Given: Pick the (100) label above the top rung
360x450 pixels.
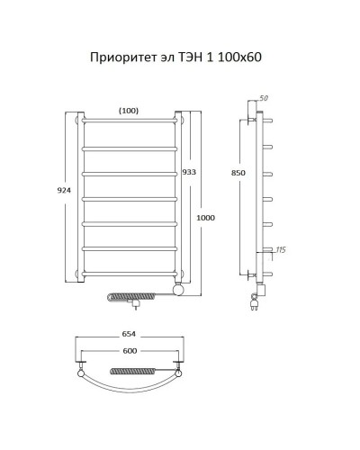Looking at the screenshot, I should pyautogui.click(x=129, y=110).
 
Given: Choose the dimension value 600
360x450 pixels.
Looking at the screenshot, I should pyautogui.click(x=130, y=351).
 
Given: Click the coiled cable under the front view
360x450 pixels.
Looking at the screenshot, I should pyautogui.click(x=135, y=294).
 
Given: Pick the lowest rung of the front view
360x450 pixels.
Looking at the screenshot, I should pyautogui.click(x=130, y=272).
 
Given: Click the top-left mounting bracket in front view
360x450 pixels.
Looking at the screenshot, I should pyautogui.click(x=77, y=118).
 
